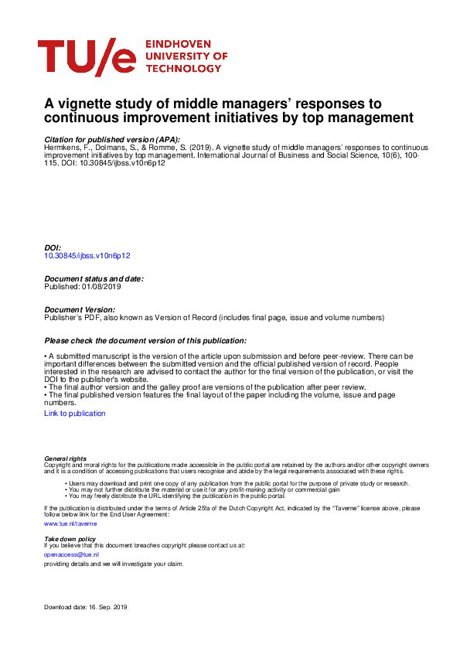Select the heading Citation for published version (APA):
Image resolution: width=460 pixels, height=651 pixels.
(112, 138)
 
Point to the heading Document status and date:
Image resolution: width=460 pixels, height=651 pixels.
(94, 278)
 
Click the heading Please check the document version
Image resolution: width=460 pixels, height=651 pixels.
(145, 340)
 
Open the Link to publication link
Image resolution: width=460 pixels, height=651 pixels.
(75, 414)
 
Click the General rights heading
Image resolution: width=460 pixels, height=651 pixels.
(66, 458)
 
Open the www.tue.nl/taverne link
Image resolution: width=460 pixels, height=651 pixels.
(60, 523)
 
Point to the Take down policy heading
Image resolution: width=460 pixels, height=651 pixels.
(70, 538)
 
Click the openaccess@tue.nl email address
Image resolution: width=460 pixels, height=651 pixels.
(66, 554)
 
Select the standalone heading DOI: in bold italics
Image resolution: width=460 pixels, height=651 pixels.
(53, 247)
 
